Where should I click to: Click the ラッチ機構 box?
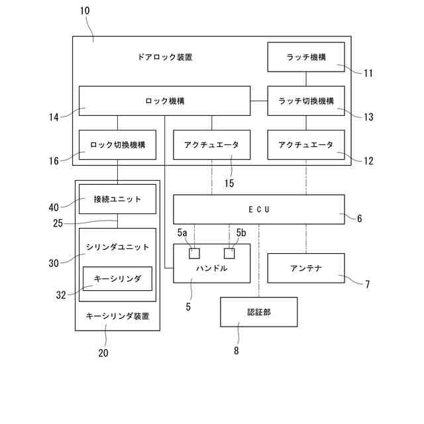point(305,57)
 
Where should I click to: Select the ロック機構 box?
point(164,101)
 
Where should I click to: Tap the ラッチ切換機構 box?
point(305,101)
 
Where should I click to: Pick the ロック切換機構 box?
point(118,144)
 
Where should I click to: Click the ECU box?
point(259,209)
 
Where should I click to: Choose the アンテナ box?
point(305,268)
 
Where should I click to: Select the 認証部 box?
point(258,312)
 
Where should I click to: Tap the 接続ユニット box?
point(118,199)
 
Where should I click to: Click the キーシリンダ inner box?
point(118,278)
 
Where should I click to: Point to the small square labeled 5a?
point(194,253)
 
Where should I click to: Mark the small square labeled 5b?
point(229,253)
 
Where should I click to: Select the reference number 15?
point(229,184)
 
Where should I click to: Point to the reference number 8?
point(236,352)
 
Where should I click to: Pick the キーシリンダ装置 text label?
point(118,316)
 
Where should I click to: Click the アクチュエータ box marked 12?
point(305,144)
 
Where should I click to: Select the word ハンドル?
point(212,268)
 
